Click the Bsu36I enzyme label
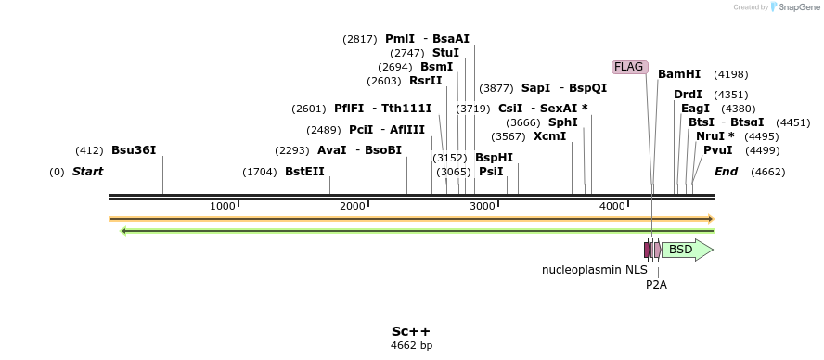pos(134,149)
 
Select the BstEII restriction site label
pos(304,172)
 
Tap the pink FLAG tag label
pos(628,67)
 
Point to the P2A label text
pos(656,285)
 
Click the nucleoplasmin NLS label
pos(595,270)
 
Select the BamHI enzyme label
pos(679,74)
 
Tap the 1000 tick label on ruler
pos(223,206)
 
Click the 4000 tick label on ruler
pos(612,206)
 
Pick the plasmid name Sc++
pos(410,331)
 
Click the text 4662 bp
pos(411,346)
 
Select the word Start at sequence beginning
pos(87,172)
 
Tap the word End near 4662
pos(726,172)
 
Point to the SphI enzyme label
pos(562,122)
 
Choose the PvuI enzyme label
pos(717,150)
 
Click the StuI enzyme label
pos(445,53)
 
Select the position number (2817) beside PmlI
pos(360,39)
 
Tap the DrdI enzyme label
pos(688,95)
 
